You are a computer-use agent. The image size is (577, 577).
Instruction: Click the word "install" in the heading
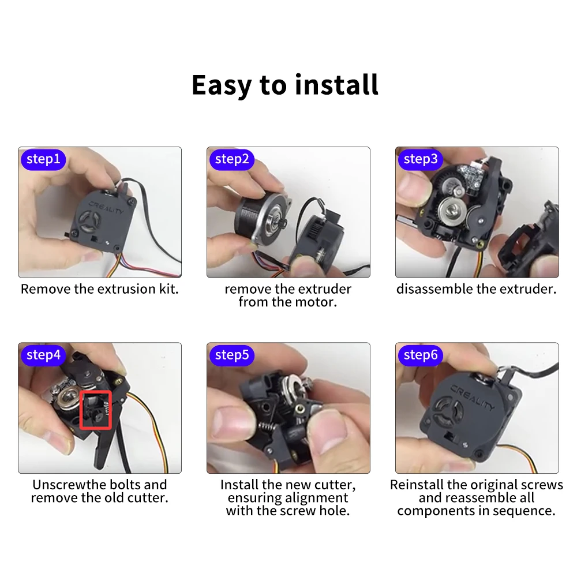coord(336,85)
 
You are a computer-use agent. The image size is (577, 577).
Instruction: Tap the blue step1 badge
coord(43,159)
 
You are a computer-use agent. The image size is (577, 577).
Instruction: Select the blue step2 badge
coord(231,159)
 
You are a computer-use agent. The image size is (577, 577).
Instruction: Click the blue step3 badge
coord(420,159)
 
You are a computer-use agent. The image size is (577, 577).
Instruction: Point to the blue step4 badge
coord(43,355)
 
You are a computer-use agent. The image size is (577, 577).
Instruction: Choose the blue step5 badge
coord(231,355)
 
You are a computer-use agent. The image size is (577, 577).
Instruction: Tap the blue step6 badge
coord(420,355)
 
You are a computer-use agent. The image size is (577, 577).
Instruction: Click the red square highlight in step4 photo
coord(96,410)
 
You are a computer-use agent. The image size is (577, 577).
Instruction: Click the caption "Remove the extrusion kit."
coord(100,289)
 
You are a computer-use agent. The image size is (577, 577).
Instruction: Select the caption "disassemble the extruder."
coord(477,289)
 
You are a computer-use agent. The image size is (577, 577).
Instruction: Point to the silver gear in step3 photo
coord(452,211)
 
